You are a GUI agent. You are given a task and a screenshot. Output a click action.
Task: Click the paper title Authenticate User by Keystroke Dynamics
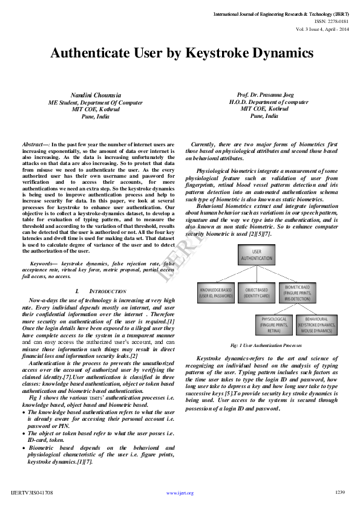click(x=182, y=53)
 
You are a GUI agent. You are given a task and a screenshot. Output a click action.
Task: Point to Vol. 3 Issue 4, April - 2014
click(x=322, y=28)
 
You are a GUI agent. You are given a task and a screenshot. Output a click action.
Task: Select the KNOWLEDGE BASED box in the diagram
click(x=216, y=293)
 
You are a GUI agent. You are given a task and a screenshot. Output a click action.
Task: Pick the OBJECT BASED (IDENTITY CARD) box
click(x=256, y=293)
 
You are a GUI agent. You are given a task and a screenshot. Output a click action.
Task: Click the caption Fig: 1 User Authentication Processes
click(x=266, y=345)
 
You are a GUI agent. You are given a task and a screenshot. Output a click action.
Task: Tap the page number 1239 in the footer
click(x=339, y=492)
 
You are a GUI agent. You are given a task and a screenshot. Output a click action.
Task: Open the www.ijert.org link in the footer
click(x=180, y=493)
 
